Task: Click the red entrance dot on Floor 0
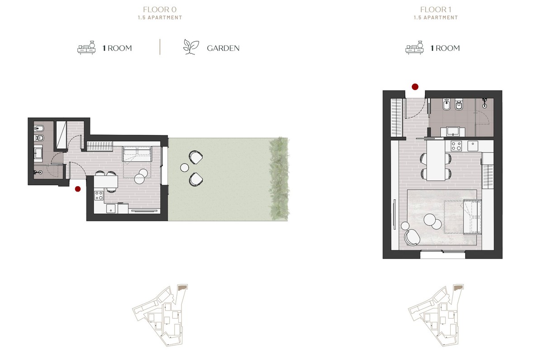pyautogui.click(x=78, y=189)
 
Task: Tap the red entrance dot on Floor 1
pyautogui.click(x=414, y=86)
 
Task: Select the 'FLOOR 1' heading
pyautogui.click(x=435, y=10)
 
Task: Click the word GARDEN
pyautogui.click(x=223, y=48)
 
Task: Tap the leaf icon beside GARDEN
pyautogui.click(x=191, y=47)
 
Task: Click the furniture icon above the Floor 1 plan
pyautogui.click(x=414, y=48)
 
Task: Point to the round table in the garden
pyautogui.click(x=184, y=168)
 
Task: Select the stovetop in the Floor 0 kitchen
pyautogui.click(x=99, y=196)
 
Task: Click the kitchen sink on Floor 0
pyautogui.click(x=110, y=208)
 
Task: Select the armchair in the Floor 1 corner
pyautogui.click(x=411, y=236)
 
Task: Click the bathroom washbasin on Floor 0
pyautogui.click(x=38, y=154)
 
